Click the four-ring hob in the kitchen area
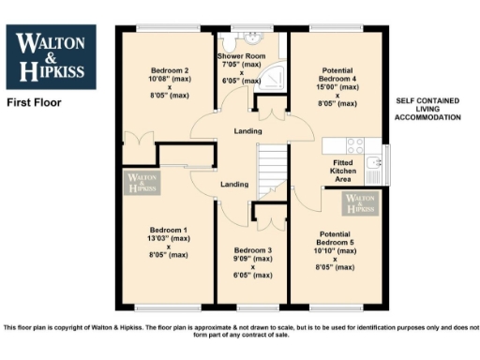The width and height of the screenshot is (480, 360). (355, 145)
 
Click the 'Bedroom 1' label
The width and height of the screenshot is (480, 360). (170, 231)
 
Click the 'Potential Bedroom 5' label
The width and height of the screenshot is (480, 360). (335, 233)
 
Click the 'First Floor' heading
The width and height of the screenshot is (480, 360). (33, 101)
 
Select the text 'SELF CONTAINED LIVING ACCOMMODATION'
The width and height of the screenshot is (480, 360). (427, 109)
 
